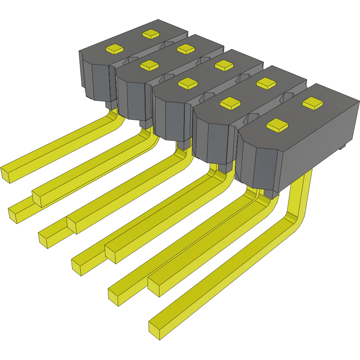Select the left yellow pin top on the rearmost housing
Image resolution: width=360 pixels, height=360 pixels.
(x=115, y=49)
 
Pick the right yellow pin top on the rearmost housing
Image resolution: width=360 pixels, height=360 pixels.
(x=151, y=34)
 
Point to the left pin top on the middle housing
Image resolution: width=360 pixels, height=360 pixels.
(x=188, y=82)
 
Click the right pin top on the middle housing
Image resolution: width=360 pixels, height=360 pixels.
(x=224, y=65)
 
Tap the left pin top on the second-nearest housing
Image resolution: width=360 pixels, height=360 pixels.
(x=230, y=103)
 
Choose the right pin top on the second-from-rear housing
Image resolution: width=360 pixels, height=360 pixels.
(x=186, y=49)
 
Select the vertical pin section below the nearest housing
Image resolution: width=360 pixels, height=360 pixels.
(x=301, y=190)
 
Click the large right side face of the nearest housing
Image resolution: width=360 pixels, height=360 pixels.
(x=316, y=142)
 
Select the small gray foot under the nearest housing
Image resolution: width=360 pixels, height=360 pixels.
(x=343, y=147)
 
